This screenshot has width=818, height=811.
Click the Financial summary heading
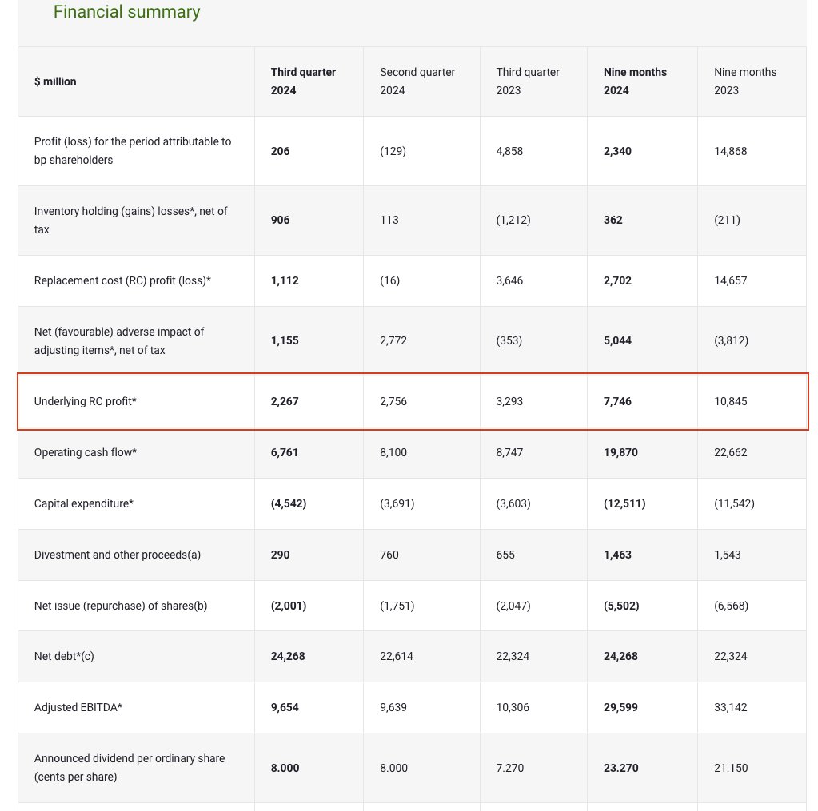126,12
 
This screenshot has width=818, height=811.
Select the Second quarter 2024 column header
417,81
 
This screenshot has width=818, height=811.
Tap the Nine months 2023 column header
744,81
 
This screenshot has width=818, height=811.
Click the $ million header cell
55,81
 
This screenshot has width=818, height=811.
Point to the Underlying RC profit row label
86,401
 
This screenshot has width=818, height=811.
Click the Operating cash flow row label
86,452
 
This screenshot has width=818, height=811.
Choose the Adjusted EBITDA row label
78,707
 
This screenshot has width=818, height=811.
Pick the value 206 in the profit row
280,151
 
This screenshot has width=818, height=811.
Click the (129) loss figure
393,151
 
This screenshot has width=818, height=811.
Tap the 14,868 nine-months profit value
730,151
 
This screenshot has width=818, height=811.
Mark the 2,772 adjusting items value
393,340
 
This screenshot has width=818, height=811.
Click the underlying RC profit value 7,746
617,401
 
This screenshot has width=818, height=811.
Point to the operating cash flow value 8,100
393,452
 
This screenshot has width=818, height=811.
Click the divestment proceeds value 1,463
617,555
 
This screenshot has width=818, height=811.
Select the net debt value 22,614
396,656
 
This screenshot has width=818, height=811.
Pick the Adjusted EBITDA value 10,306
512,707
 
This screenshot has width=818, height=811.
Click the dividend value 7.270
509,768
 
